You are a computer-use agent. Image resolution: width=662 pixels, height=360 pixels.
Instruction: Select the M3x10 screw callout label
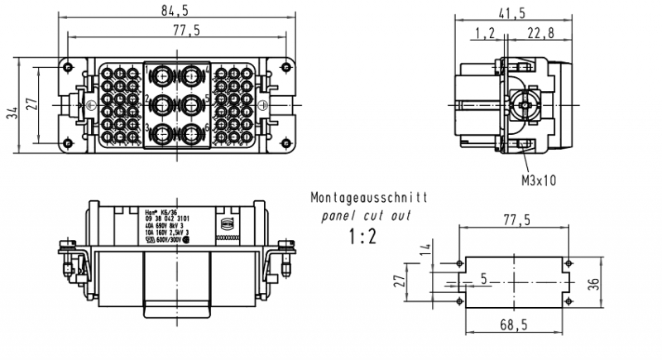[x=538, y=180]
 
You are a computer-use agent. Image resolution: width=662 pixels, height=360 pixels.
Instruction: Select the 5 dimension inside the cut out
[x=483, y=279]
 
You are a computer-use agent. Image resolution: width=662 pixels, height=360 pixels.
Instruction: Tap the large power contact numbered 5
[x=194, y=103]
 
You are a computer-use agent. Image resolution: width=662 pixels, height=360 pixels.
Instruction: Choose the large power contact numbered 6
[x=194, y=132]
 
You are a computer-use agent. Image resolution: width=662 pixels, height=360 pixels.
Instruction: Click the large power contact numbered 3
[x=162, y=132]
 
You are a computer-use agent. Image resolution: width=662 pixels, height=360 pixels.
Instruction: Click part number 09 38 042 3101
[x=169, y=218]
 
